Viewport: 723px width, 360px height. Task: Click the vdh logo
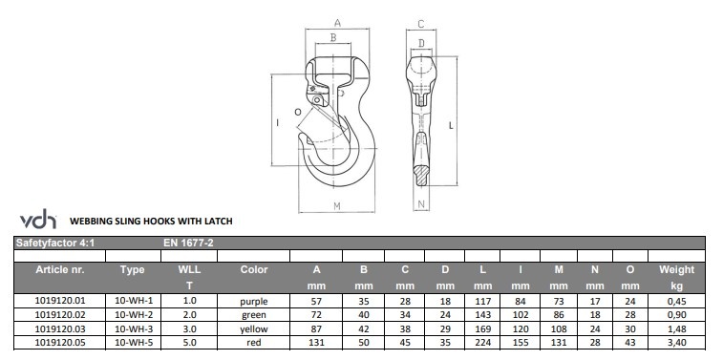(38, 219)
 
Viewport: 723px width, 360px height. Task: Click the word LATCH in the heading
(219, 222)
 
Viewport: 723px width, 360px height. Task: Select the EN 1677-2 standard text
(188, 243)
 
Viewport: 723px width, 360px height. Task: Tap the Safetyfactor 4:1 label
(54, 243)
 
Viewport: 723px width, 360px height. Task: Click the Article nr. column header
(60, 269)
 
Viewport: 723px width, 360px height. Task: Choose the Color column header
(254, 269)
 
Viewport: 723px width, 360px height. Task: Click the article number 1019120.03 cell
(60, 329)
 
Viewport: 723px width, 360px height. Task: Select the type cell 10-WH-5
(134, 343)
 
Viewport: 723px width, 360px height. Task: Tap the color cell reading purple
(254, 302)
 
